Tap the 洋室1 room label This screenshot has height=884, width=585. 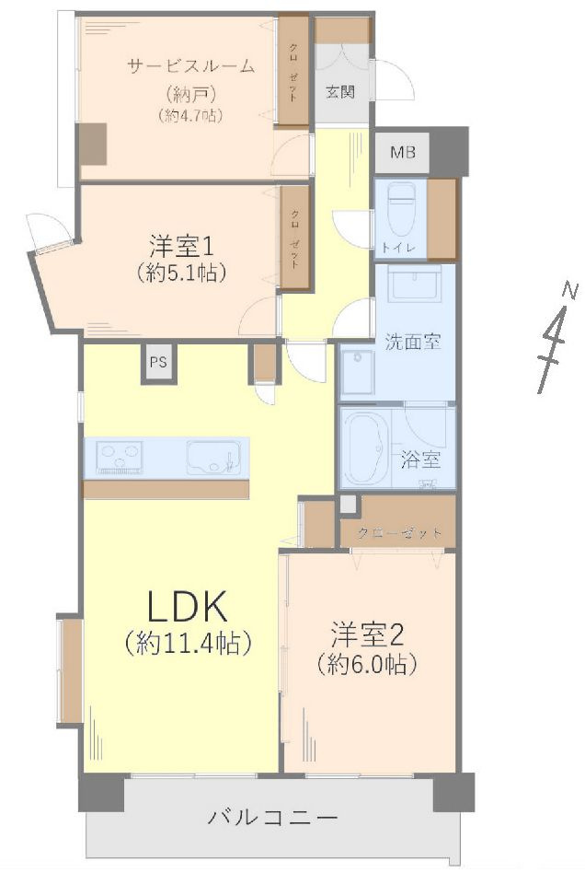pyautogui.click(x=182, y=246)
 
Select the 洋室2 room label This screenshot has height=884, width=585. pyautogui.click(x=368, y=634)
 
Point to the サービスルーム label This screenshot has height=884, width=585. pyautogui.click(x=190, y=65)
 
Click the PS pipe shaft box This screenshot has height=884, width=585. pyautogui.click(x=158, y=362)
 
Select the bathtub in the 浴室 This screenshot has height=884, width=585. pyautogui.click(x=367, y=447)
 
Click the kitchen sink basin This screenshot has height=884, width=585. pyautogui.click(x=213, y=457)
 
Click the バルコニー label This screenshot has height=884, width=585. pyautogui.click(x=273, y=817)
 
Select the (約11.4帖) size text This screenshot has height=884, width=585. pyautogui.click(x=189, y=644)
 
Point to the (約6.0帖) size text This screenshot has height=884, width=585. pyautogui.click(x=368, y=663)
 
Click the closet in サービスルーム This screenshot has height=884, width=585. pyautogui.click(x=293, y=71)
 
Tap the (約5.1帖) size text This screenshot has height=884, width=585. pyautogui.click(x=182, y=273)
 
